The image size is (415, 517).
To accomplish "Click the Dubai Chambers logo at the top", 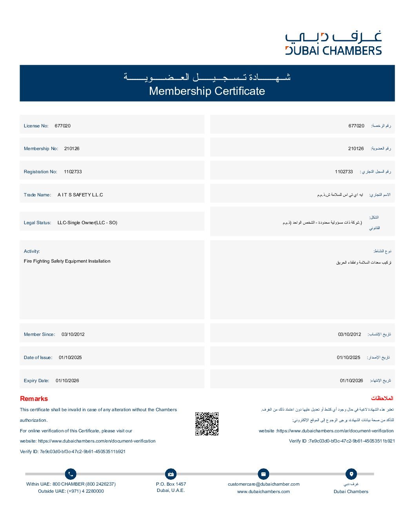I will pos(333,43).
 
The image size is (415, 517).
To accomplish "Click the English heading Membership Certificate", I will pos(207,91).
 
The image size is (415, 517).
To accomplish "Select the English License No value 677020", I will pos(63,126).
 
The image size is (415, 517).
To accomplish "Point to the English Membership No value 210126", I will pos(72,149).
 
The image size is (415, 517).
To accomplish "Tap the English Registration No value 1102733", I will pos(73,172).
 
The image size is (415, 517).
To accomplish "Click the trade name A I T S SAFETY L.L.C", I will pos(80,195).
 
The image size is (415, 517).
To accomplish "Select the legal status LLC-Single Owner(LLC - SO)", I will pos(87,223).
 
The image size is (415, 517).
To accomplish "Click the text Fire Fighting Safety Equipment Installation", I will pos(67,261).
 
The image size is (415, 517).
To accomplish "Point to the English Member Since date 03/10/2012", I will pos(73,334).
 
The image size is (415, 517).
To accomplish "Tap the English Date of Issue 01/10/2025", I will pos(70,357).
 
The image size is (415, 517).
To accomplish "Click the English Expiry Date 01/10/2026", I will pos(67,381).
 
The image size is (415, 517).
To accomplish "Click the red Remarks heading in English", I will pos(34,399).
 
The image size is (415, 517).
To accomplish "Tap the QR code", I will pos(207,424).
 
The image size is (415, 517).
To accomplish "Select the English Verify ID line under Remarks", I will pos(73,452).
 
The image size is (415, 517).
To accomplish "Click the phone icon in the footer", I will pos(71,474).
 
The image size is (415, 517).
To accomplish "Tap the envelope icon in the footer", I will pos(263,474).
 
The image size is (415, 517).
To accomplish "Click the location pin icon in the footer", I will pos(351,474).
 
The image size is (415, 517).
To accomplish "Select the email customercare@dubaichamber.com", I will pos(264,484).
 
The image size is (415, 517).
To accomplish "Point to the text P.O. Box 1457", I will pos(171,484).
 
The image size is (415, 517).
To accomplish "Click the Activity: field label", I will pos(32,251).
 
